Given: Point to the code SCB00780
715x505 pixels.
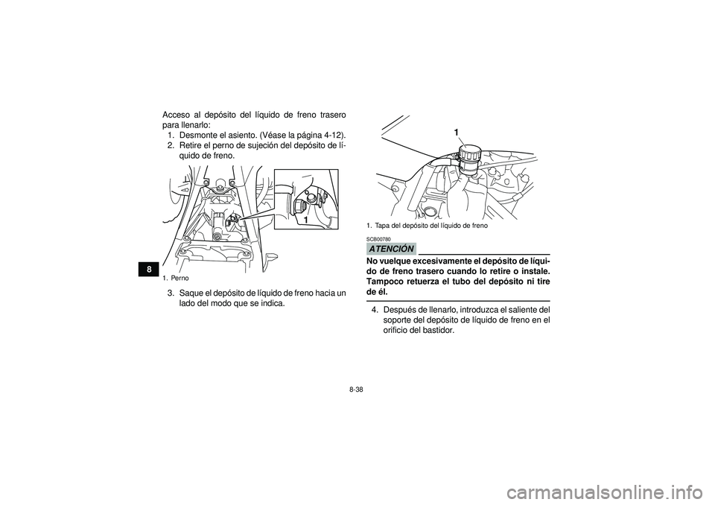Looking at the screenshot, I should pos(378,239).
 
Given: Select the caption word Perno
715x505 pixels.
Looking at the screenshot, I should pos(179,278).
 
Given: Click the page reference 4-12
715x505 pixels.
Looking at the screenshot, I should pos(331,135).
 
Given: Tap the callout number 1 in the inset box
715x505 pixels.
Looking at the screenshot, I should pos(305,221).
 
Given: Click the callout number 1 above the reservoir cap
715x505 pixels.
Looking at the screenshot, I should pos(456,132).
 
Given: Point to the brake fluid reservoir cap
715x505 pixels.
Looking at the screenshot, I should pos(470,153).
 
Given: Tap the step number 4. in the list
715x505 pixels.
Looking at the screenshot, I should pos(376,309).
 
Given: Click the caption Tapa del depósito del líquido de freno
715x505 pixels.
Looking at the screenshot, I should pos(430,224).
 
